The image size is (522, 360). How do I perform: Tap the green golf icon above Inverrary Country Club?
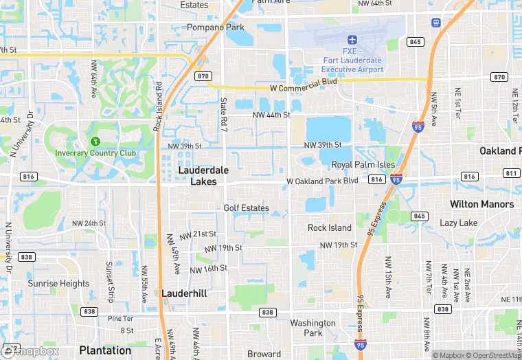(95, 141)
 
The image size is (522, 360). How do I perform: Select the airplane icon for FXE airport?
(352, 39)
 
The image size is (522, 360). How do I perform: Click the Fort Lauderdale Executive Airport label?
(353, 60)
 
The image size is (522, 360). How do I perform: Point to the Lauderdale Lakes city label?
(203, 175)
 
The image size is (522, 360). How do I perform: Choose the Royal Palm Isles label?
(363, 165)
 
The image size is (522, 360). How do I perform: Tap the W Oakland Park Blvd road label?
(322, 181)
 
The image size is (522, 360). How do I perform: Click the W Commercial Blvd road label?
(303, 81)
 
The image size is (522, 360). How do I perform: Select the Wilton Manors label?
(481, 204)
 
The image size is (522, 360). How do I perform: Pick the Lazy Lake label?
(458, 223)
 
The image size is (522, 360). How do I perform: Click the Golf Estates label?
(246, 207)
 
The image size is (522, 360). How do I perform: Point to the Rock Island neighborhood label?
(329, 227)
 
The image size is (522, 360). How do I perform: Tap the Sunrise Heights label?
(58, 283)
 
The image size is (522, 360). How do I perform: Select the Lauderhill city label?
(184, 293)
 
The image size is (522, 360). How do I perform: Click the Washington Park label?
(313, 328)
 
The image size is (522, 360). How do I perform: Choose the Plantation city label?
(105, 350)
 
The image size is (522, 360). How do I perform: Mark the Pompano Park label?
(216, 27)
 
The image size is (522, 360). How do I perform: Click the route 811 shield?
(511, 173)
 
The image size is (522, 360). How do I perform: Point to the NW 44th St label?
(271, 115)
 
